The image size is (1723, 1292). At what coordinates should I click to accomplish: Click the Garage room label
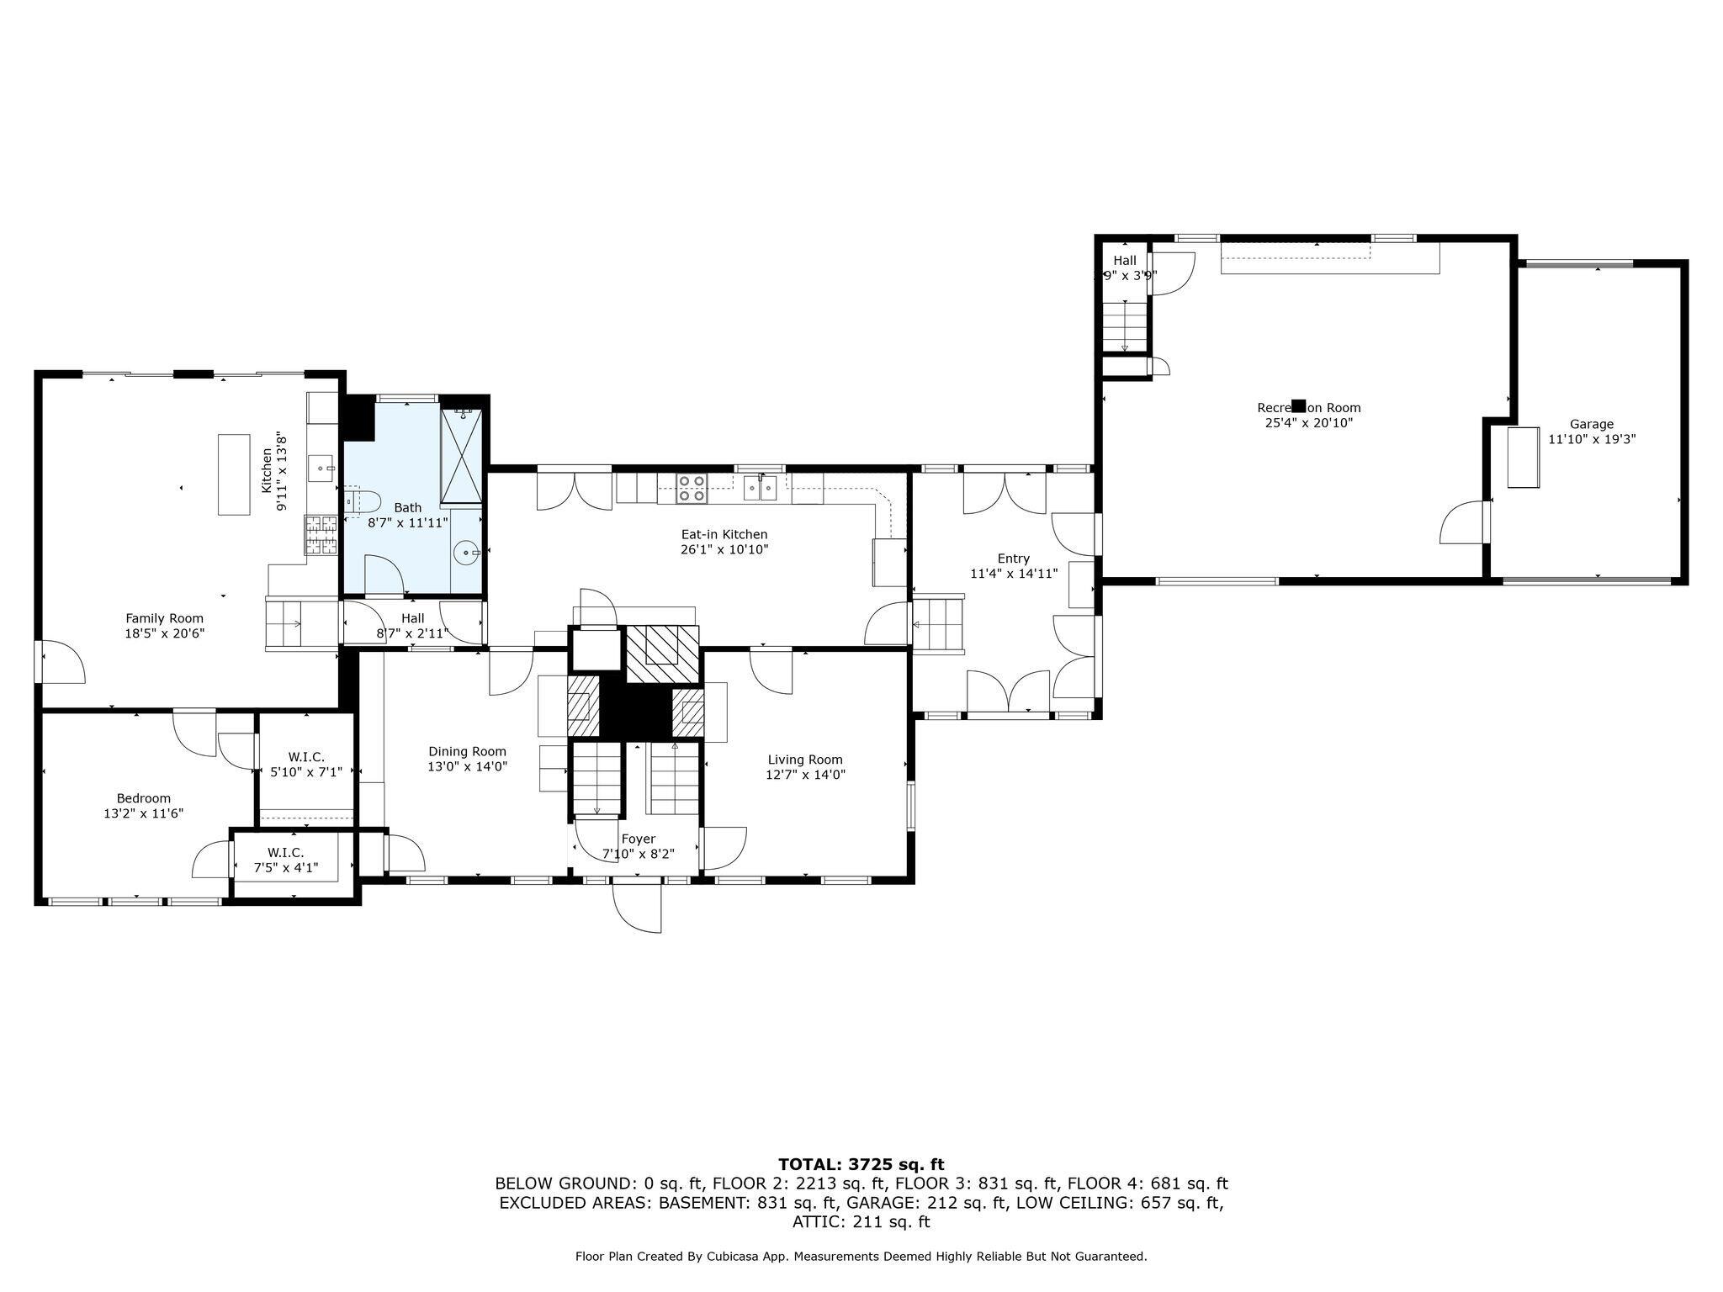coord(1591,424)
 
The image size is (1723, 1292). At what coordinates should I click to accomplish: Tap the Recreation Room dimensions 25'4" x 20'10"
coord(1308,423)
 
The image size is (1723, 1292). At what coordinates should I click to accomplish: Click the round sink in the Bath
coord(465,553)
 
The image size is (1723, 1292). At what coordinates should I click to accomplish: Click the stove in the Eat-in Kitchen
coord(692,488)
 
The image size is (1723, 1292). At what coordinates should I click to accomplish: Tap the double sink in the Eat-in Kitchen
coord(761,487)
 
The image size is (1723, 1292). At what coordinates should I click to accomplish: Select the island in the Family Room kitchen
coord(234,474)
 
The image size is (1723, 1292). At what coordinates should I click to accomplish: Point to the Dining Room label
coord(467,751)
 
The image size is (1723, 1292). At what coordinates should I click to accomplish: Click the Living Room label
coord(804,760)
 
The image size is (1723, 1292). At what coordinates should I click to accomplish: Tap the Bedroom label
coord(143,798)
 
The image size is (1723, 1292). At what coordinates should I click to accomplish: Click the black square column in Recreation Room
coord(1299,405)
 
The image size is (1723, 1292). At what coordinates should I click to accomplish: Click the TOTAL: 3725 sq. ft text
coord(861,1164)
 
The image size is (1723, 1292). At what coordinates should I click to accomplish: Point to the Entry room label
coord(1013,558)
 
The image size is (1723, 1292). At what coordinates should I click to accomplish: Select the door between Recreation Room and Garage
coord(1466,522)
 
